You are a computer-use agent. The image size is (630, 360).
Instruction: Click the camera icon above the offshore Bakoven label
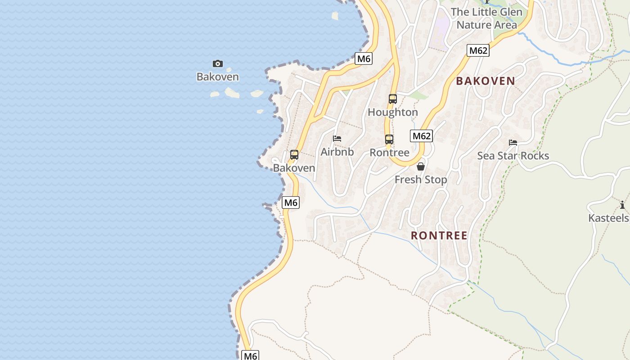218,64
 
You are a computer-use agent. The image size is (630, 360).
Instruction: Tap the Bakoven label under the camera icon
218,77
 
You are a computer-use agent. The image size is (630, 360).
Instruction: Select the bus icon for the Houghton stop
393,99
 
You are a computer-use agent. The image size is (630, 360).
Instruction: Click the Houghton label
393,112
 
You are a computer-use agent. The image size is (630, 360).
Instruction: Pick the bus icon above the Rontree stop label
389,139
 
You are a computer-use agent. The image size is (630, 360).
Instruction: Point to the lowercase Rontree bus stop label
389,153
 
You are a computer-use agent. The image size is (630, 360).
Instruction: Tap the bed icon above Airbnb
337,139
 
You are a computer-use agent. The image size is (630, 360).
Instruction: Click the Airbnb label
337,152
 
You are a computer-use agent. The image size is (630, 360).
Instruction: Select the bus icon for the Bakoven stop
294,155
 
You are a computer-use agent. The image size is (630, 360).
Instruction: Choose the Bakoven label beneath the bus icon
294,168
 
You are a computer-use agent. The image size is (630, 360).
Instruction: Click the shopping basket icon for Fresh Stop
421,166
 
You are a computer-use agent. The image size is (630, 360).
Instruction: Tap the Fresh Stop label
421,180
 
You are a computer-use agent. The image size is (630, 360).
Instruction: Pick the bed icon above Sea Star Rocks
513,143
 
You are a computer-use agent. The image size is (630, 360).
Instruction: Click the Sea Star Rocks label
513,156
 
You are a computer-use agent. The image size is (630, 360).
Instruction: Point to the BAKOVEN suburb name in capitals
486,81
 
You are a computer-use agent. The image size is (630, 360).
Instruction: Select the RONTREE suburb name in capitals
439,235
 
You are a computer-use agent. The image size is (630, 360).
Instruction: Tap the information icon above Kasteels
622,205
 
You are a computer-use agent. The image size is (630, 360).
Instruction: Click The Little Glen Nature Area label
487,18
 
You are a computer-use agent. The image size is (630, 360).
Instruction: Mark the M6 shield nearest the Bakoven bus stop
291,202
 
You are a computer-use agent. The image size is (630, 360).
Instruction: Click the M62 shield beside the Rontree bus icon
421,136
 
